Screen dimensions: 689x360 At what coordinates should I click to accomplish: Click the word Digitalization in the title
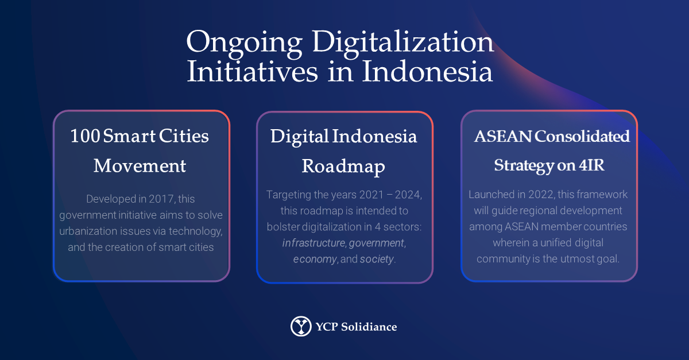tap(403, 44)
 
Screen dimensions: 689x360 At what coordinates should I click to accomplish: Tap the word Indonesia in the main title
tap(427, 72)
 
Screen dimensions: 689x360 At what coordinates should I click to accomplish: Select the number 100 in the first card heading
tap(85, 136)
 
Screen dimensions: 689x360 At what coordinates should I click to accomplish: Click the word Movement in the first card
tap(140, 166)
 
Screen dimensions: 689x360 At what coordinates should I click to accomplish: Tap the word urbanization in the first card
tap(82, 231)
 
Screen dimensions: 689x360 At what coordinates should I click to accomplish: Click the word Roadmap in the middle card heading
tap(343, 167)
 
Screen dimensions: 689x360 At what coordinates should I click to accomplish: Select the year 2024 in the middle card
tap(408, 195)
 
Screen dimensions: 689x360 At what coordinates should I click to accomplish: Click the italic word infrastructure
tap(313, 243)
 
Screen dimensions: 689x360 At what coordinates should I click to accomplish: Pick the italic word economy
tap(315, 260)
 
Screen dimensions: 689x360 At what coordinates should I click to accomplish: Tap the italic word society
tap(377, 259)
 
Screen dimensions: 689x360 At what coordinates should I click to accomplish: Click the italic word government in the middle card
tap(377, 243)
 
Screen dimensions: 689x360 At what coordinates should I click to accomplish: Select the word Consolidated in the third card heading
tap(582, 136)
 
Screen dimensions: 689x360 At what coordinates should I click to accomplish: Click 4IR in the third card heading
tap(591, 165)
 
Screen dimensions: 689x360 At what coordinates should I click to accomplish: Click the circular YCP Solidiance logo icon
tap(301, 326)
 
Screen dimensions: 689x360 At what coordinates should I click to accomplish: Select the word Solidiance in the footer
tap(369, 327)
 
